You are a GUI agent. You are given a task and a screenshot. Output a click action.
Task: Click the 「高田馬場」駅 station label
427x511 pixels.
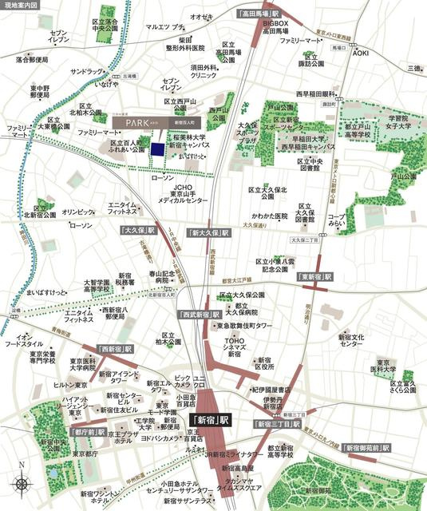(x=259, y=14)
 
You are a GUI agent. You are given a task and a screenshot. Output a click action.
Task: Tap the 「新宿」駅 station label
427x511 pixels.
(x=209, y=418)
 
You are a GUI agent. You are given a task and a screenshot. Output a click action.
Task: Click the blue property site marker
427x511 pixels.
(x=160, y=148)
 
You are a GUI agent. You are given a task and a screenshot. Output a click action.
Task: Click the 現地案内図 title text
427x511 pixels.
(x=21, y=6)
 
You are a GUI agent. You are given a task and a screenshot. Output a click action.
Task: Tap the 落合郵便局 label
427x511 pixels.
(x=32, y=60)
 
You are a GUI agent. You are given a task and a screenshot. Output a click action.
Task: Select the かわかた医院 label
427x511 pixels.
(x=269, y=216)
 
